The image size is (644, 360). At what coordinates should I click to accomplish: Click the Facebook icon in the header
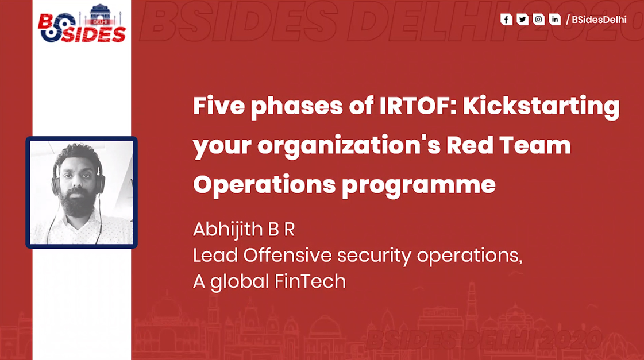506,20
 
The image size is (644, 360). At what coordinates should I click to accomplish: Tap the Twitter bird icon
522,20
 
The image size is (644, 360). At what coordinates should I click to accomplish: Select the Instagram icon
538,20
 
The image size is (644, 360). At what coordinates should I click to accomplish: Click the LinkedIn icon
554,20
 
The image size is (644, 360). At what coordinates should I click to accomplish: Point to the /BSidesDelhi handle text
596,20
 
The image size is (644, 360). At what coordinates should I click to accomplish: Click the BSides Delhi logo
82,25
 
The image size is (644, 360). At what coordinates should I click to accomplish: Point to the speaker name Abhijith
227,229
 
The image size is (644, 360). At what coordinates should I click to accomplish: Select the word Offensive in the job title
288,256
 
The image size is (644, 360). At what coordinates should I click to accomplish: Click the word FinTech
312,281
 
